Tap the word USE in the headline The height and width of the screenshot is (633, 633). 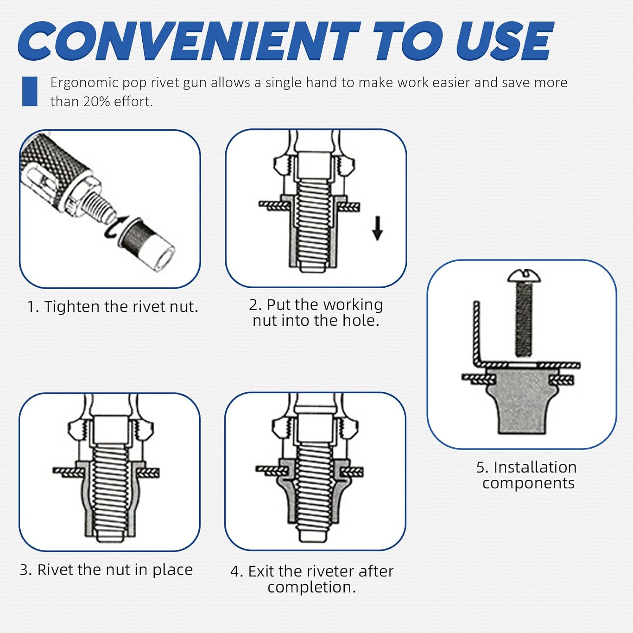505,41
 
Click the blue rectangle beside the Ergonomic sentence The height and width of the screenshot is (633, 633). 30,91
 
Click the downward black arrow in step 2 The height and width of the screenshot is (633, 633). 378,228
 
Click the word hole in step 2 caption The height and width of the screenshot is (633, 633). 358,321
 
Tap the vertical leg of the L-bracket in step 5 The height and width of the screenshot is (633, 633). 476,333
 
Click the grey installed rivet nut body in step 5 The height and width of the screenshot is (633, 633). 519,401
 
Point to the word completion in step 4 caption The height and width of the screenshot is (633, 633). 312,587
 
